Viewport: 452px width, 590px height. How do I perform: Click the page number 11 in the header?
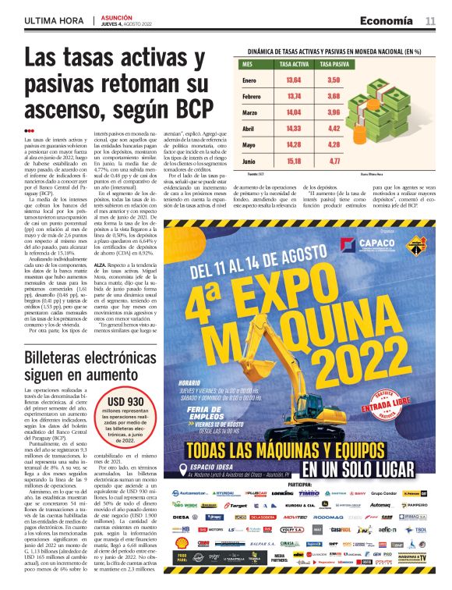(x=430, y=20)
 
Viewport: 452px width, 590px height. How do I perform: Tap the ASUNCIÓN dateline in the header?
(x=116, y=16)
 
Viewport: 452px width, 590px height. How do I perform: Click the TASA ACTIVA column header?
(x=294, y=64)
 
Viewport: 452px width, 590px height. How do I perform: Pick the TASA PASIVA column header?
(x=334, y=64)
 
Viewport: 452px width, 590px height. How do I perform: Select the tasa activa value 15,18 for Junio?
(x=294, y=162)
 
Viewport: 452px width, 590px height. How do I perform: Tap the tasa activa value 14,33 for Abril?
(x=294, y=129)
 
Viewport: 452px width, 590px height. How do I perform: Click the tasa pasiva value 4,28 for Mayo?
(x=334, y=145)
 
